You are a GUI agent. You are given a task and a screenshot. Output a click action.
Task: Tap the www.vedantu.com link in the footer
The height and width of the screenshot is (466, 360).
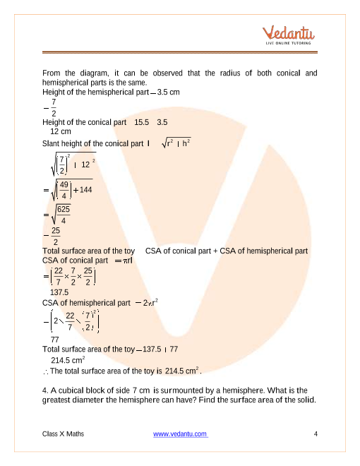[180, 434]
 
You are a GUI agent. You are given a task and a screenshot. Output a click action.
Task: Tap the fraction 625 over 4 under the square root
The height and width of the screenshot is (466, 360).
[63, 214]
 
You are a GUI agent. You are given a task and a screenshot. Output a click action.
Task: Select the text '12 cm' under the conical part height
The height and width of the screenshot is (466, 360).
[61, 131]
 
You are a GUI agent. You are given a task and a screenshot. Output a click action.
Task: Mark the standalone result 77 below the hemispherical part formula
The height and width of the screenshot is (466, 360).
[56, 340]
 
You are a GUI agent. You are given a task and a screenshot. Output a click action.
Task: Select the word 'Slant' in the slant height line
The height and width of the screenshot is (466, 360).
[53, 144]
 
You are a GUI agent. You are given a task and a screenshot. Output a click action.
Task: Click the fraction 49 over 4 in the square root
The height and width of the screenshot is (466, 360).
[64, 190]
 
